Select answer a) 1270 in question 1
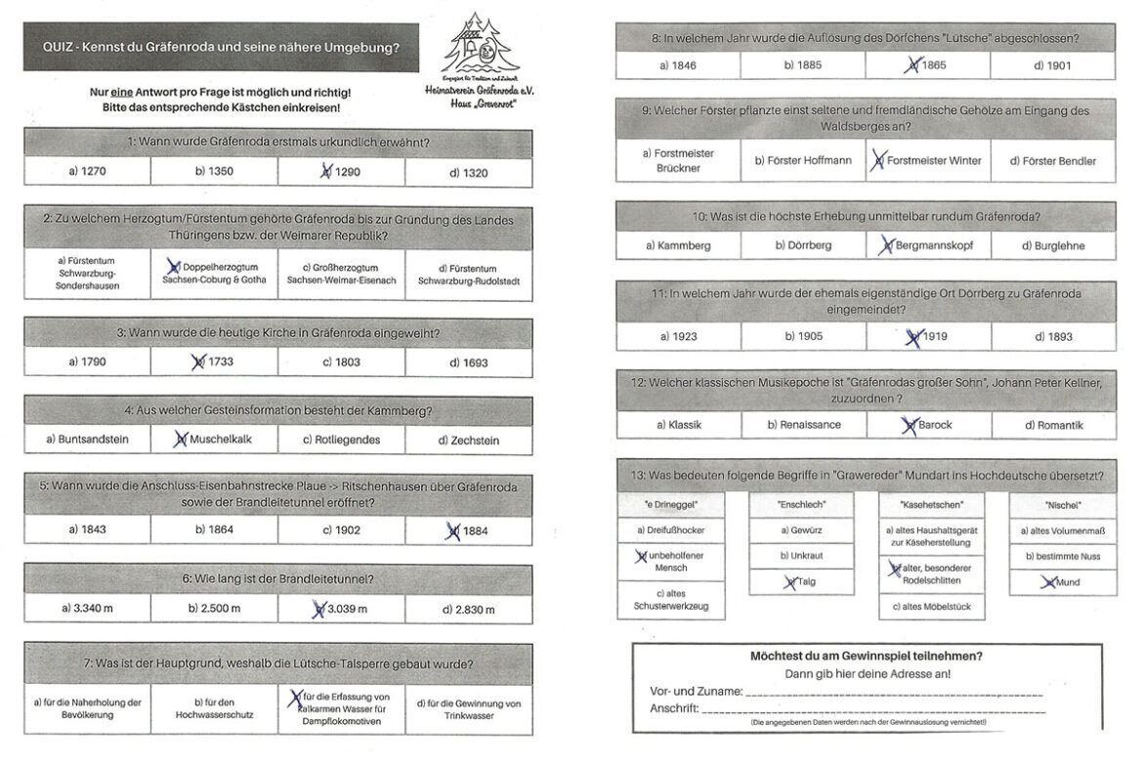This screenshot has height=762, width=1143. [x=87, y=172]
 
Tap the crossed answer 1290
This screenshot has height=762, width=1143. [x=341, y=172]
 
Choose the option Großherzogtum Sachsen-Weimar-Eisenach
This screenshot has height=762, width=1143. [x=341, y=274]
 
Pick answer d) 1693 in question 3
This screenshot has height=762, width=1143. [x=468, y=362]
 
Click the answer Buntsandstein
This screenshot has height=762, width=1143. [x=87, y=440]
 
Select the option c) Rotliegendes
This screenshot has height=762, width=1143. [x=341, y=440]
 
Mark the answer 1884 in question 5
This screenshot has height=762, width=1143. [x=468, y=529]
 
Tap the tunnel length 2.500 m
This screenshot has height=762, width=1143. [x=215, y=609]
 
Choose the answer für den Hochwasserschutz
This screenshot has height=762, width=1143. [x=215, y=708]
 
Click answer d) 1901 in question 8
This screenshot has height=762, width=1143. [x=1052, y=65]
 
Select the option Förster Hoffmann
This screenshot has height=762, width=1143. [x=802, y=160]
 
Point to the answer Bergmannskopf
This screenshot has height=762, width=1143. [x=928, y=245]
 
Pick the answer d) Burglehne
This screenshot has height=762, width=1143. [x=1052, y=245]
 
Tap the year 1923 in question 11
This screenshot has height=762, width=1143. [x=678, y=336]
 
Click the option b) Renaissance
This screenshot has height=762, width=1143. [x=802, y=425]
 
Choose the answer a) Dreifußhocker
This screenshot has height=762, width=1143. [x=669, y=530]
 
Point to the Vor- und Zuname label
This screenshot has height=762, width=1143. [x=696, y=691]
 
